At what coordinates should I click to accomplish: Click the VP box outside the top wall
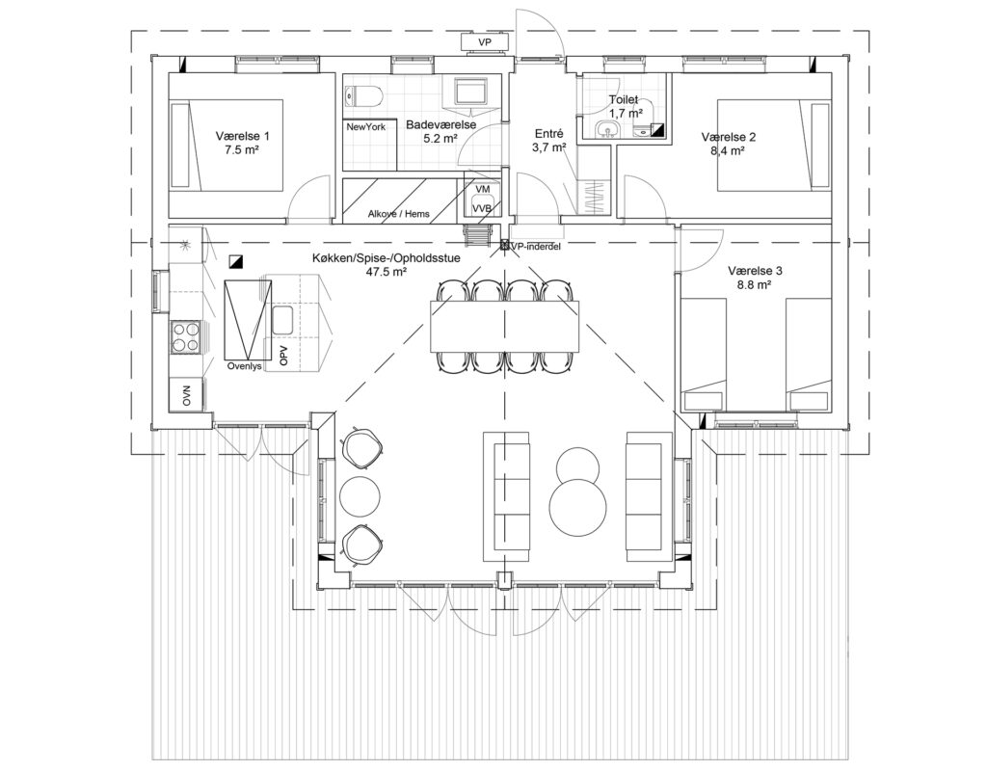(485, 42)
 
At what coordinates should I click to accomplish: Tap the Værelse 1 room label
(242, 136)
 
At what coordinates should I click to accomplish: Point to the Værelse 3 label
(755, 271)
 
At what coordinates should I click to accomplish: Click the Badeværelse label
(440, 125)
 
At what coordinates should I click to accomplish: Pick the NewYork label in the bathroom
(365, 126)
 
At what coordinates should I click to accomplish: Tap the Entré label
(548, 134)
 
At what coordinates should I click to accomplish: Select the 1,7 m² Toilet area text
(625, 114)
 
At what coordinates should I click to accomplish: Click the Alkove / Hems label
(398, 214)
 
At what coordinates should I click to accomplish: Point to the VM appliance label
(483, 189)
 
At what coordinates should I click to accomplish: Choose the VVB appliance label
(482, 209)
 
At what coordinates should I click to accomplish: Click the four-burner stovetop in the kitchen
(186, 337)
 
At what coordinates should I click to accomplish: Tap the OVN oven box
(186, 395)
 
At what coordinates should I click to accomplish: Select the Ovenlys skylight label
(244, 365)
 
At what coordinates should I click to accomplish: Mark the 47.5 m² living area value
(386, 272)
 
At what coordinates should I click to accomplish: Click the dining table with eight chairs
(504, 326)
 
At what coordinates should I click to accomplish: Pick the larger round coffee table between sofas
(578, 507)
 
